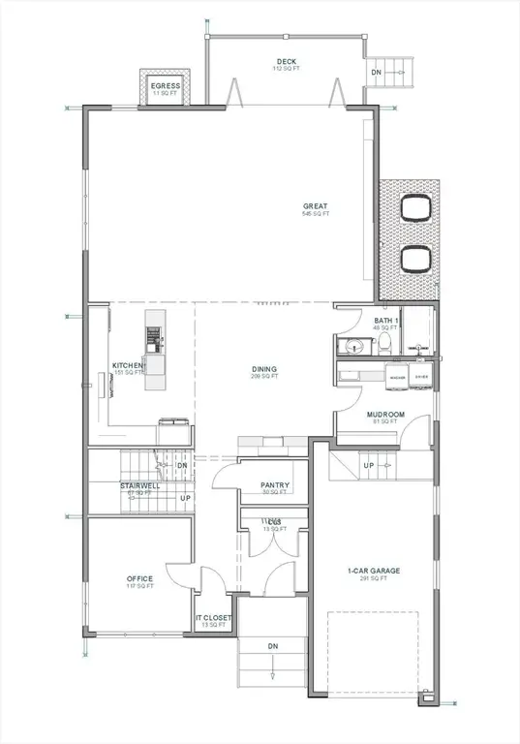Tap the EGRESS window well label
(x=166, y=86)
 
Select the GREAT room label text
(x=315, y=206)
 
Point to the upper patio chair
(x=415, y=208)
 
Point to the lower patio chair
(x=415, y=259)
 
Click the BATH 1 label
(x=387, y=320)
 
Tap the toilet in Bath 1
(x=383, y=345)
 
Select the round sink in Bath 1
(x=355, y=346)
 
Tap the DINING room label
(x=264, y=369)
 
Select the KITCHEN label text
(x=128, y=365)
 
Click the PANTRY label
(x=276, y=485)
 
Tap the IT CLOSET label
(x=211, y=618)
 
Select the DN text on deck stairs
(x=376, y=74)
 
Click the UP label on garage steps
(x=369, y=465)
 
